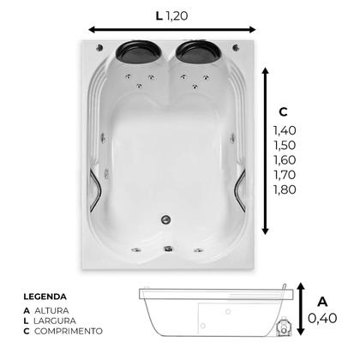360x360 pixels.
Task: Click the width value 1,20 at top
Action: [x=177, y=15]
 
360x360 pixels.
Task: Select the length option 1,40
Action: [x=285, y=130]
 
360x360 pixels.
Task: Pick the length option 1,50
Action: [x=285, y=145]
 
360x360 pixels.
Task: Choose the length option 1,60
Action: [x=285, y=160]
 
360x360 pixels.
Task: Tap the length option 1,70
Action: [x=285, y=175]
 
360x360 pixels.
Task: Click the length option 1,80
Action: [x=285, y=189]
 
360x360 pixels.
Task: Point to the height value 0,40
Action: [x=322, y=318]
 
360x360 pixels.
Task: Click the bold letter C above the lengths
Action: [x=283, y=112]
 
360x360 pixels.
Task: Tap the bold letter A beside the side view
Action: [x=322, y=302]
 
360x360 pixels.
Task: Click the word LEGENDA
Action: [x=45, y=297]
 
